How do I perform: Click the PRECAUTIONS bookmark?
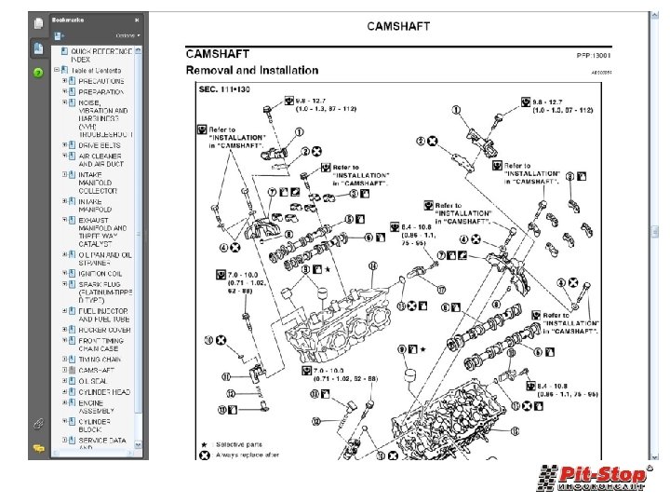(101, 81)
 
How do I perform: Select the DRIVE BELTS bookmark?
(100, 145)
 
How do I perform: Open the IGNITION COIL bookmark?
(100, 273)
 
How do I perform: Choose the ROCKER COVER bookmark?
(104, 330)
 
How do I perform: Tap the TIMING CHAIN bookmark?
(100, 359)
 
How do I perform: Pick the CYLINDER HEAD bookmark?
(104, 392)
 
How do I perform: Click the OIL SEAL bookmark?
(93, 381)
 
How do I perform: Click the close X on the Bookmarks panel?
(137, 19)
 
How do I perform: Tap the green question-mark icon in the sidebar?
(38, 72)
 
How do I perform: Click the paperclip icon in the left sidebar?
(38, 423)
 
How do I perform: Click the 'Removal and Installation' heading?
(251, 70)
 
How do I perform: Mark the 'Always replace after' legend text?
(247, 455)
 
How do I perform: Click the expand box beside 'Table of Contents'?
(57, 70)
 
